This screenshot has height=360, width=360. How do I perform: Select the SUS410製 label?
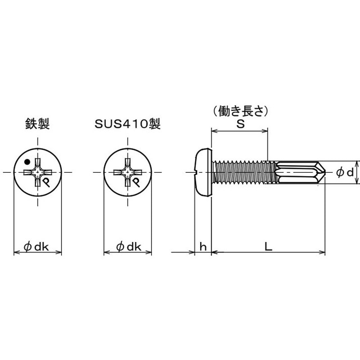click(x=127, y=125)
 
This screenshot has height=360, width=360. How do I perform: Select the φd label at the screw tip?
click(x=344, y=172)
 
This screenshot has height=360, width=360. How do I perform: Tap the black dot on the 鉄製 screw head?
click(x=27, y=162)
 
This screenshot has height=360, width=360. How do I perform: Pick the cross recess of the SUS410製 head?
click(x=127, y=172)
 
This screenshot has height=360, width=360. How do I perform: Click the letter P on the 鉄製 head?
click(x=46, y=182)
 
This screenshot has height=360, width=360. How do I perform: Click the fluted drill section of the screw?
click(x=295, y=172)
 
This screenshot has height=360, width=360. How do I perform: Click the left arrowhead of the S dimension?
click(x=214, y=132)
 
